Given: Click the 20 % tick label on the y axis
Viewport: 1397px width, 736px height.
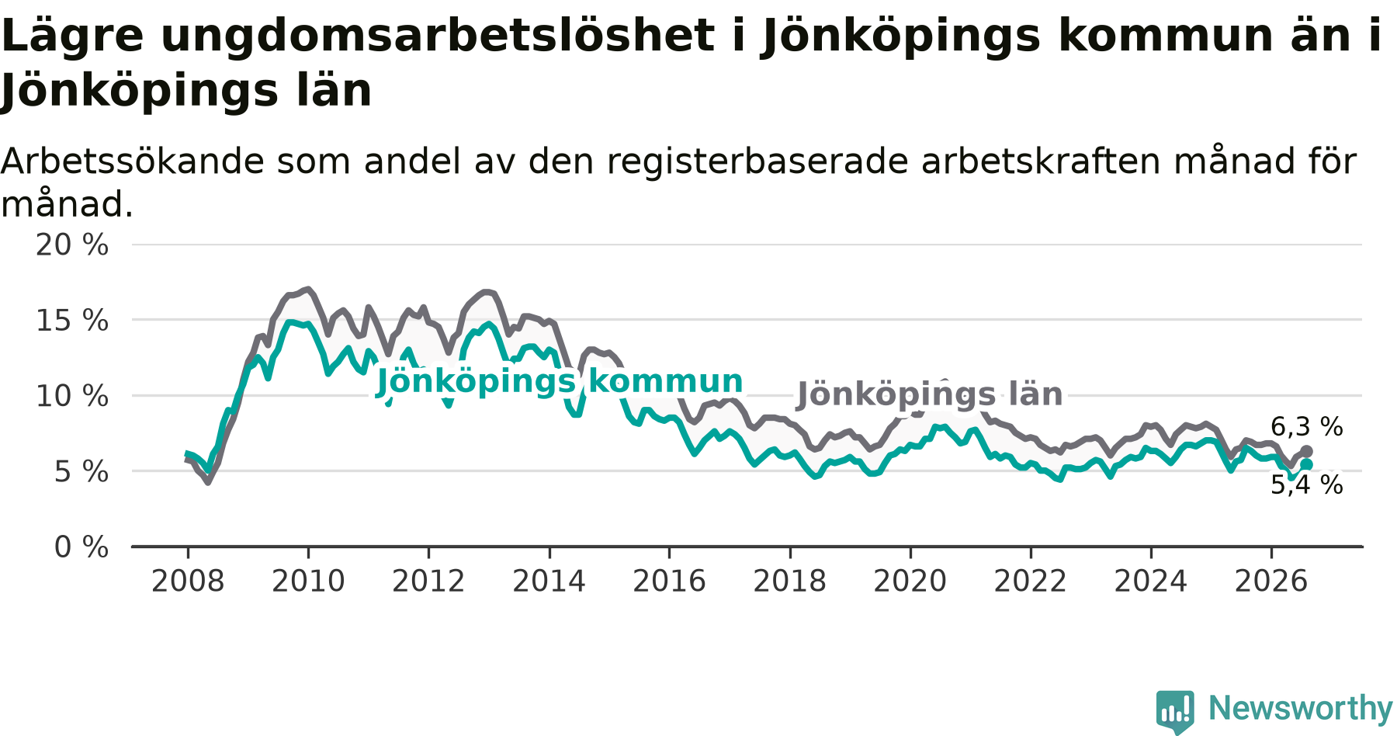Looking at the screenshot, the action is [x=72, y=245].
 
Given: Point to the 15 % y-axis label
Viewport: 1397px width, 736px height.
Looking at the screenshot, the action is [x=72, y=321].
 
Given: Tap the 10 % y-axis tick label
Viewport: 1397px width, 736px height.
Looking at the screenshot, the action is [x=72, y=396].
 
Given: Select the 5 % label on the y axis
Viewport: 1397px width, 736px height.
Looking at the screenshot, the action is [x=81, y=471].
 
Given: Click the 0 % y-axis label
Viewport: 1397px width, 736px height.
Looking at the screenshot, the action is [x=81, y=547].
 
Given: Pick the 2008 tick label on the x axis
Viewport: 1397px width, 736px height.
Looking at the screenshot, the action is [x=188, y=582].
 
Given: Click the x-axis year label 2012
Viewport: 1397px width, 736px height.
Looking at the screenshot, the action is [x=428, y=582].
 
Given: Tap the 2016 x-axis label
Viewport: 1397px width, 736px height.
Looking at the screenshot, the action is [x=670, y=582].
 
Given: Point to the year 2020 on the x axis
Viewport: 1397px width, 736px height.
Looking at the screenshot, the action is [x=910, y=582].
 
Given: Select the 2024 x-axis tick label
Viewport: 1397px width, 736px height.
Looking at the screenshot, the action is [x=1151, y=582].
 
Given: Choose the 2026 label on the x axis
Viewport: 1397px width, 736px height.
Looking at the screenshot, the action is [x=1271, y=582].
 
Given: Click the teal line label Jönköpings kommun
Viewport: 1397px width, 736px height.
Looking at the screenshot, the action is [x=560, y=382].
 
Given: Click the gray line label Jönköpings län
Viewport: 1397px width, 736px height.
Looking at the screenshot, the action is [x=930, y=394].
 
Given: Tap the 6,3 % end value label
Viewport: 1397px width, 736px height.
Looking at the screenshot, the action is [x=1307, y=426].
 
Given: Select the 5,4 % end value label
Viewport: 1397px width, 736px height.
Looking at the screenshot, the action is [x=1307, y=485].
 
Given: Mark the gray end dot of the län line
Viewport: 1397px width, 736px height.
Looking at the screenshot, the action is [x=1307, y=451].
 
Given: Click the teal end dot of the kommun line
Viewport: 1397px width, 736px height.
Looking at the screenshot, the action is [x=1307, y=464].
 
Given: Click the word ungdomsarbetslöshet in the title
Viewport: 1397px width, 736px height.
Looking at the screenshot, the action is [x=438, y=36].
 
